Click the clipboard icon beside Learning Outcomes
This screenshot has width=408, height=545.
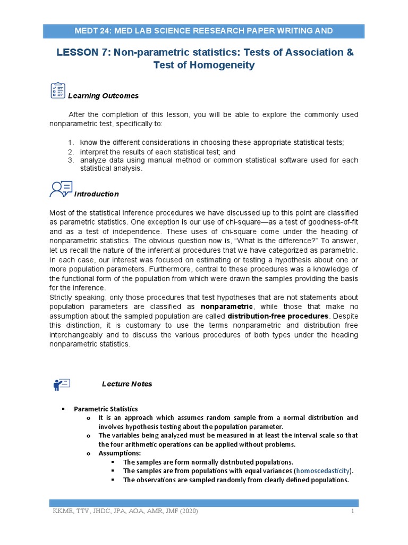[x=57, y=90]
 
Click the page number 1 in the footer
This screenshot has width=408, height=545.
[x=352, y=511]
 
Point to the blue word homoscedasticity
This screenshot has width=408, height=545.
[x=324, y=471]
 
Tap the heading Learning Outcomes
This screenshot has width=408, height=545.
[x=103, y=96]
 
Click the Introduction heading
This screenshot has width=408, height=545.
[x=96, y=194]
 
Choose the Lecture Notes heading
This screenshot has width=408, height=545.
[x=127, y=384]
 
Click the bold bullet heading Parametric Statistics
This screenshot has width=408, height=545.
[x=106, y=409]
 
